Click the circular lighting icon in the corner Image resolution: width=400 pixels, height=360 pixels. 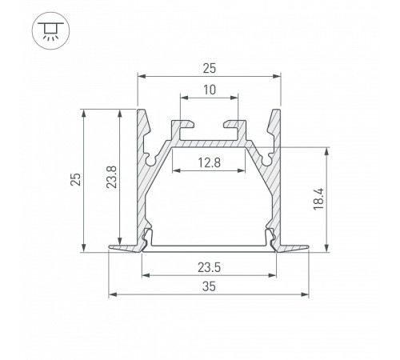tap(50, 30)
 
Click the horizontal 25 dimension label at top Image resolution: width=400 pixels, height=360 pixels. tap(209, 68)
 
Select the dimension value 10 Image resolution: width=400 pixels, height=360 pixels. tap(210, 90)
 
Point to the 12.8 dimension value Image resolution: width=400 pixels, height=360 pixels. tap(209, 162)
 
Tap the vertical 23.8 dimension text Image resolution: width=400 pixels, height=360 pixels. tap(111, 177)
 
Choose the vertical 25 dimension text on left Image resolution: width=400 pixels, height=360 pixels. tap(75, 179)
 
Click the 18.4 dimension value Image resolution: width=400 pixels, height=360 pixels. tap(318, 199)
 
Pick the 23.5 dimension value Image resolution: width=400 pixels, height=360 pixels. tap(209, 267)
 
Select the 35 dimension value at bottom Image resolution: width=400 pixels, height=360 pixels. tap(209, 286)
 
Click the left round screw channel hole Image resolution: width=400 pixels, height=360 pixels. tap(151, 161)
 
